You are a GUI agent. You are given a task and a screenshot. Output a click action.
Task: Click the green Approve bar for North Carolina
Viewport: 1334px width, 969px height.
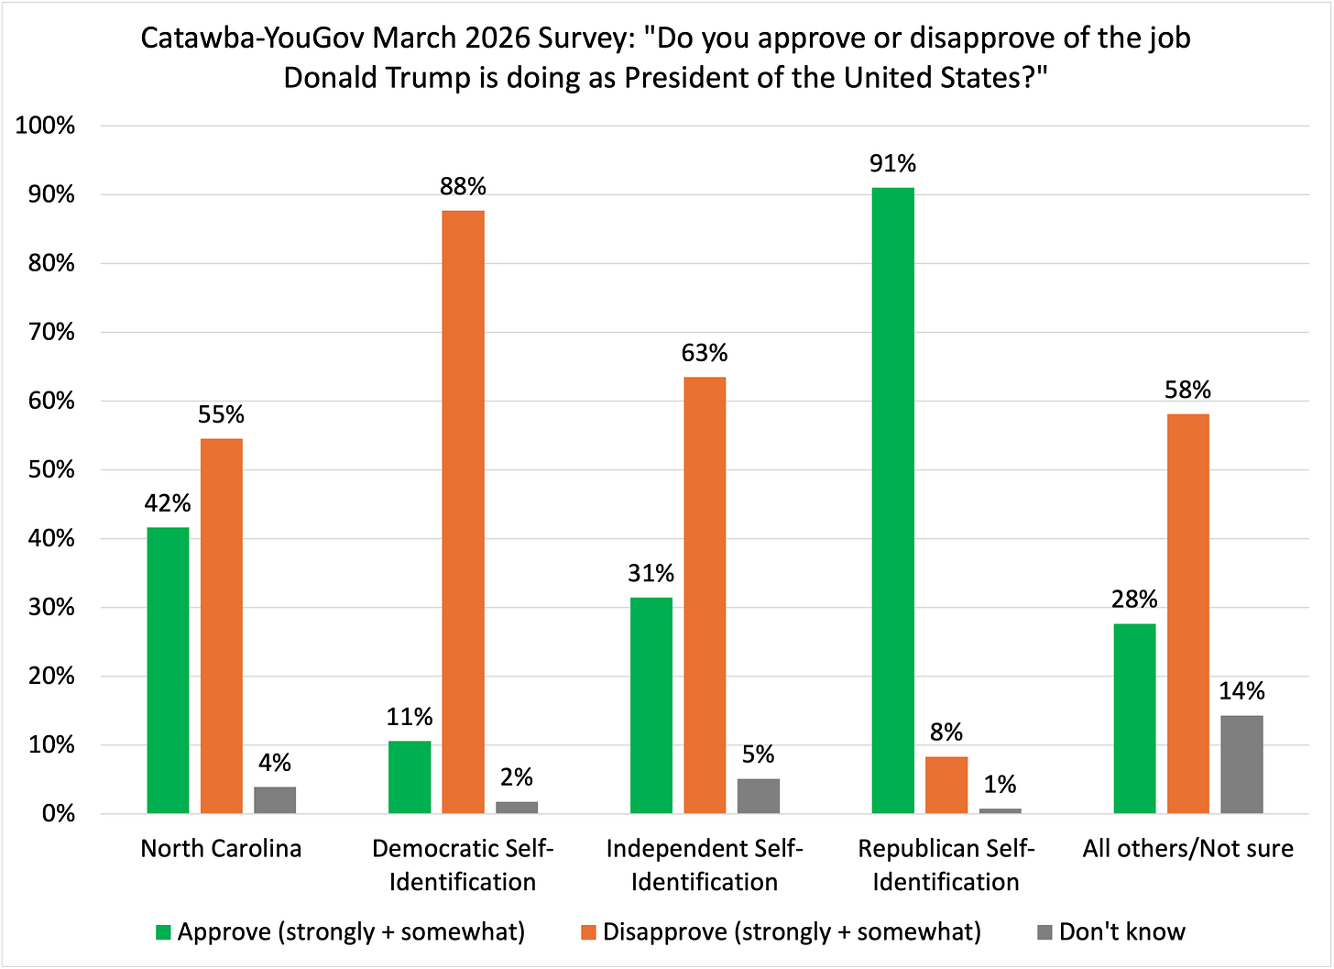168,670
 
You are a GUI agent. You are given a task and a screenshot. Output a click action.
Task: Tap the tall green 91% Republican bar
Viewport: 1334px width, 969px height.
892,501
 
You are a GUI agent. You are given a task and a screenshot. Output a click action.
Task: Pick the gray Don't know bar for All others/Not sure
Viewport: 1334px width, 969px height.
1241,765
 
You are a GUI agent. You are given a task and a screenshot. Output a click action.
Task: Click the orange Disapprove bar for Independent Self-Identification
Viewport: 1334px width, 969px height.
705,595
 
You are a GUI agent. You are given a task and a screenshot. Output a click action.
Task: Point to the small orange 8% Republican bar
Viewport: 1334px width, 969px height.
946,785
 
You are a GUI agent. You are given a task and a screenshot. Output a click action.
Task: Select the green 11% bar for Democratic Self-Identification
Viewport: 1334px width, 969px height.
410,776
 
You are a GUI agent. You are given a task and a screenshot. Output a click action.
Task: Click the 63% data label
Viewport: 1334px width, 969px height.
705,353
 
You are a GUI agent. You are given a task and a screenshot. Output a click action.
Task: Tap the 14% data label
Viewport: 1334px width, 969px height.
1241,691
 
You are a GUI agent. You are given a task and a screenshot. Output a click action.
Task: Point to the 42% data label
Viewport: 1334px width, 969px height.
168,503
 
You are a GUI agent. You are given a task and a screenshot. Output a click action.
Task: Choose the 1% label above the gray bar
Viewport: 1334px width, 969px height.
1000,785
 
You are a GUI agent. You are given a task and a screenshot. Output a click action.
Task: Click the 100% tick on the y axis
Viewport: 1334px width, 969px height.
45,126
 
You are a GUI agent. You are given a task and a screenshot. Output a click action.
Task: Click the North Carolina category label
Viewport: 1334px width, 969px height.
221,848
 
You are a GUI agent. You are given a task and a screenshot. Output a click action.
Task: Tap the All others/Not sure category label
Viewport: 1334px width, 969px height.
1187,848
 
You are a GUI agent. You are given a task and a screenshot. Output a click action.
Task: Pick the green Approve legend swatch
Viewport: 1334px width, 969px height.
164,933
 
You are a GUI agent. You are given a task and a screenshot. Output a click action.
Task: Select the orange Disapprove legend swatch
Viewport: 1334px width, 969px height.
589,933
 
